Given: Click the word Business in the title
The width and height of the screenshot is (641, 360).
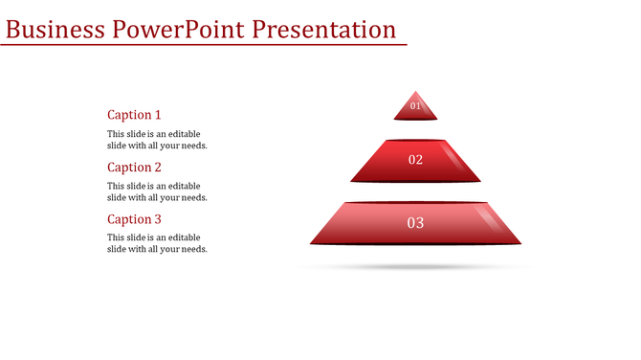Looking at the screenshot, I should pyautogui.click(x=55, y=29).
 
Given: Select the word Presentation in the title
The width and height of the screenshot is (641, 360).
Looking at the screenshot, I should pyautogui.click(x=324, y=29).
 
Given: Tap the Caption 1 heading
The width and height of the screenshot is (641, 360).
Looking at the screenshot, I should pyautogui.click(x=134, y=115).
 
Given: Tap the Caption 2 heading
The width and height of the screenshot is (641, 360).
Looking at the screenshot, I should pyautogui.click(x=134, y=168).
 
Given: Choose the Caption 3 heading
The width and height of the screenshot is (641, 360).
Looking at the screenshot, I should pyautogui.click(x=134, y=219).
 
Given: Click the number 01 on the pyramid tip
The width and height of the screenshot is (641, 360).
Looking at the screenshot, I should pyautogui.click(x=415, y=106).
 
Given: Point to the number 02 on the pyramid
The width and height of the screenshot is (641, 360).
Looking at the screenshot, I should pyautogui.click(x=415, y=160).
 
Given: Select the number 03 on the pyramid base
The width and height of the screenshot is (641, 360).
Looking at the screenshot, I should pyautogui.click(x=415, y=223).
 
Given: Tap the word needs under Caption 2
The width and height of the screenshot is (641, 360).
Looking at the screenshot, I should pyautogui.click(x=193, y=197).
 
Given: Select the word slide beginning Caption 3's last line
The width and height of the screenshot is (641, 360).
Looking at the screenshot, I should pyautogui.click(x=117, y=249).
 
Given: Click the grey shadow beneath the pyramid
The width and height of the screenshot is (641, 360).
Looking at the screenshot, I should pyautogui.click(x=415, y=266).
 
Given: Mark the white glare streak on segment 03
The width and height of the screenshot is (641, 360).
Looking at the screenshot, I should pyautogui.click(x=486, y=219).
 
